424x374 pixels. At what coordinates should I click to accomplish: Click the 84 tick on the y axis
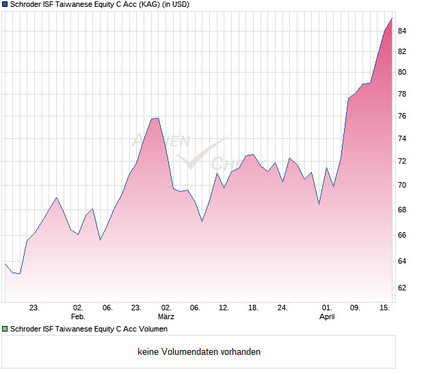(x=402, y=31)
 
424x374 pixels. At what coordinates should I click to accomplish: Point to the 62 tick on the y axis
(x=402, y=288)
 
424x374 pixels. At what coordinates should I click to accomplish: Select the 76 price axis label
(x=402, y=116)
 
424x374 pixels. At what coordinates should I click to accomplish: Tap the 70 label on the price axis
(x=402, y=186)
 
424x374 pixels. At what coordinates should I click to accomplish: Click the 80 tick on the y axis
(x=402, y=72)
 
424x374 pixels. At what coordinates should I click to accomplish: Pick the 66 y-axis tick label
(x=402, y=236)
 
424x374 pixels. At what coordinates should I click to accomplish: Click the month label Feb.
(x=78, y=317)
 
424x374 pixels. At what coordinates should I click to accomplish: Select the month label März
(x=165, y=317)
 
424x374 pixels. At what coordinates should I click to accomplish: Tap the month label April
(x=327, y=317)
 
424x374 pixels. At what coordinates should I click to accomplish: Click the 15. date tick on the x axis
(x=385, y=308)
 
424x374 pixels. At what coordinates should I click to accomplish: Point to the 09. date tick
(x=356, y=308)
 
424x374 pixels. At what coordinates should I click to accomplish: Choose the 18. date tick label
(x=253, y=308)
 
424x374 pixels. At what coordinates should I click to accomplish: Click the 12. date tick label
(x=224, y=308)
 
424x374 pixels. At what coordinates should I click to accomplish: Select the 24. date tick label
(x=282, y=308)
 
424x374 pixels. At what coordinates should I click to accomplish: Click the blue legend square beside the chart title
(x=5, y=4)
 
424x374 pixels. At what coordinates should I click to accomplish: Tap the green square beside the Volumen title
(x=5, y=329)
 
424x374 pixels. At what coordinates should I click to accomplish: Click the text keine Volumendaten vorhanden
(x=199, y=352)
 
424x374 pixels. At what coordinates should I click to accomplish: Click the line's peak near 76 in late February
(x=155, y=118)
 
